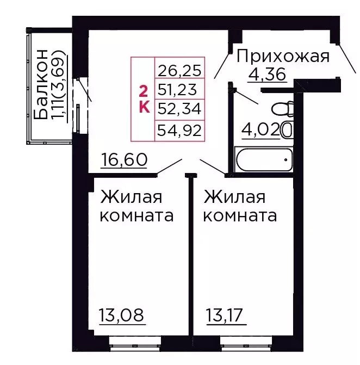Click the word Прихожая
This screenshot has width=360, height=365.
pos(283,56)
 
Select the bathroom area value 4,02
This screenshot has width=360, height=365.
pos(260,130)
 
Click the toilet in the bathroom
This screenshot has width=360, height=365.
pos(284,110)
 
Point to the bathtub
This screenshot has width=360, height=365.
pos(262,159)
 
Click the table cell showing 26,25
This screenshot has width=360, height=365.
pos(179,70)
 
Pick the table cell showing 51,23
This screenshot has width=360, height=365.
pos(179,89)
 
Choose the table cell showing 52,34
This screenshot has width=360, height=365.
pos(179,108)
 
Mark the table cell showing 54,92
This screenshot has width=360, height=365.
pos(179,129)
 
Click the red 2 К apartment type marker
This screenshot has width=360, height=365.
pos(144,98)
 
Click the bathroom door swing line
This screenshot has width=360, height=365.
pos(247,96)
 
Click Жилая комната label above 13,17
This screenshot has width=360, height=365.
pos(239,206)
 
